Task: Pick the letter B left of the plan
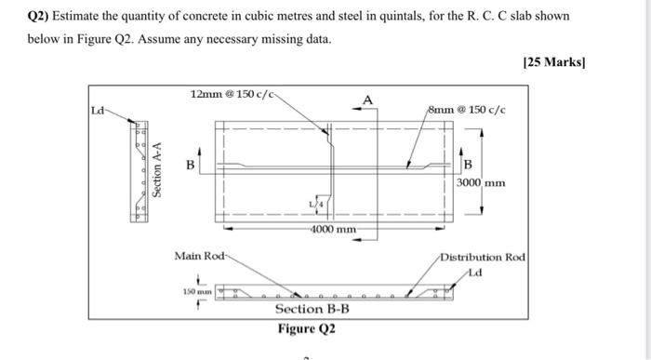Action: pos(191,166)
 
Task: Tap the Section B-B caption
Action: pos(312,309)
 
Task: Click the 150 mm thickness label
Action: pos(197,291)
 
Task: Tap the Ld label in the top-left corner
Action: pos(98,111)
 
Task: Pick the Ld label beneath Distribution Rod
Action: pos(475,271)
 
